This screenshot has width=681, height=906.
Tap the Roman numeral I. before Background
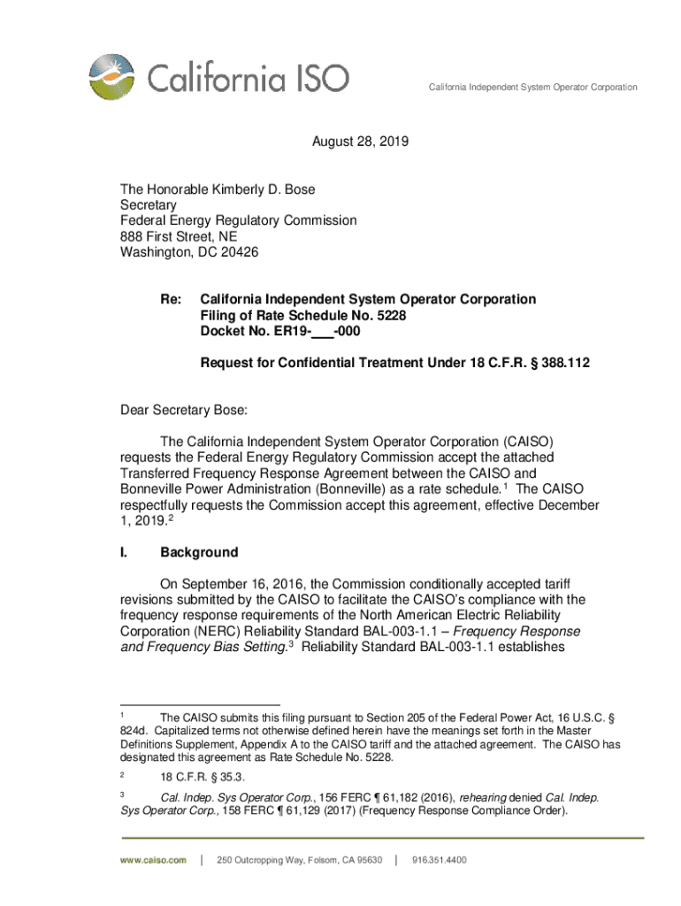(x=125, y=553)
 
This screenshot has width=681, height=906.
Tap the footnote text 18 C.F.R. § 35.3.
(x=192, y=775)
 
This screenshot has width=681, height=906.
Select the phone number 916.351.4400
(x=440, y=860)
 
